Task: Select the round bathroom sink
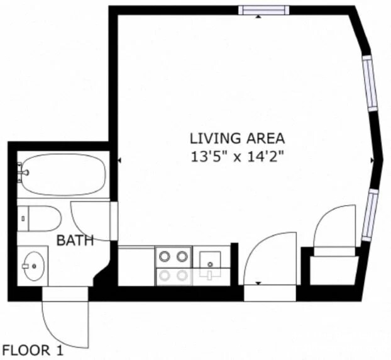(x=33, y=266)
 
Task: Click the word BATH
(x=75, y=240)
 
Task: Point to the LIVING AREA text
(x=238, y=138)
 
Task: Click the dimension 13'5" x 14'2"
(x=238, y=157)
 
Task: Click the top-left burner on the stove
(x=164, y=256)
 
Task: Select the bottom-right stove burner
(x=182, y=274)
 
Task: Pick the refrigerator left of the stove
(x=136, y=266)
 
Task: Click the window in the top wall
(x=263, y=9)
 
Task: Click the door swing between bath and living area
(x=92, y=220)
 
